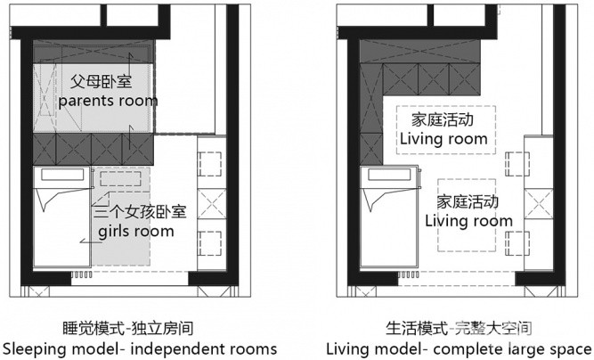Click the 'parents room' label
(x=108, y=101)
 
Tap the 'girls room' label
(x=136, y=231)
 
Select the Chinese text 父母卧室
(x=102, y=81)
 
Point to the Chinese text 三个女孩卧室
(x=140, y=212)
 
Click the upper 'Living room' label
(x=443, y=139)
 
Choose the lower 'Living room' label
(x=468, y=221)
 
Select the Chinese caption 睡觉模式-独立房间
(x=127, y=329)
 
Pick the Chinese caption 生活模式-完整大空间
(x=459, y=329)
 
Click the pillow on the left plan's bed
(x=62, y=175)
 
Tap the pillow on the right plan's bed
(x=389, y=175)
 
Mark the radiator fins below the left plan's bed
(x=81, y=274)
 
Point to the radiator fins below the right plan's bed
(x=409, y=274)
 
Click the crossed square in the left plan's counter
(x=212, y=204)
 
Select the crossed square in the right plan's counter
(x=538, y=204)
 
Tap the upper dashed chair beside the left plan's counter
(x=210, y=164)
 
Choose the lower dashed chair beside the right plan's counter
(x=517, y=243)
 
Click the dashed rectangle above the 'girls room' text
(x=120, y=179)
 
